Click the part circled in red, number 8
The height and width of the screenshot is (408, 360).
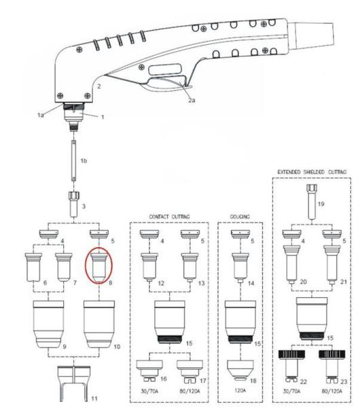click(x=99, y=267)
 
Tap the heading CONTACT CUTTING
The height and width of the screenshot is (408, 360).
click(x=169, y=216)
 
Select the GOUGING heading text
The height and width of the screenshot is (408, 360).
click(x=240, y=216)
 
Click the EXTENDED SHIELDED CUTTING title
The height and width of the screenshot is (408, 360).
click(x=312, y=172)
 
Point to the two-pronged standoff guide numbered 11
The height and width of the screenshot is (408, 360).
click(x=74, y=383)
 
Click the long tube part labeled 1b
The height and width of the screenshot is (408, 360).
click(x=74, y=160)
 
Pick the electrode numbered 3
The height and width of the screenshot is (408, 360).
click(x=74, y=204)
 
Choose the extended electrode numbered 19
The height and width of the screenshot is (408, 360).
click(x=312, y=202)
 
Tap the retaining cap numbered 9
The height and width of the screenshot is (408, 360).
click(x=49, y=324)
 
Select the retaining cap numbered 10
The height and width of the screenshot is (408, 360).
click(x=99, y=324)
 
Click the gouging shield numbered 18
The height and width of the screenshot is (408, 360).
click(x=240, y=370)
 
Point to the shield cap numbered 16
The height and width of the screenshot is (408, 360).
click(x=149, y=371)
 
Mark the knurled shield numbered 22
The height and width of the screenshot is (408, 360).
click(x=291, y=366)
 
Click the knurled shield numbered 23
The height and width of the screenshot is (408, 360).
click(x=332, y=366)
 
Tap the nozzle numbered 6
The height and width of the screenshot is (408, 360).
click(x=33, y=267)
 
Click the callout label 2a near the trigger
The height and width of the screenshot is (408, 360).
click(x=192, y=100)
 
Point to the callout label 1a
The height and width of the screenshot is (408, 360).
click(x=41, y=115)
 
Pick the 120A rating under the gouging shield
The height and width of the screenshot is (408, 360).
click(x=240, y=390)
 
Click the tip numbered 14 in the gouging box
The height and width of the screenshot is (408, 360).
click(x=240, y=268)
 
